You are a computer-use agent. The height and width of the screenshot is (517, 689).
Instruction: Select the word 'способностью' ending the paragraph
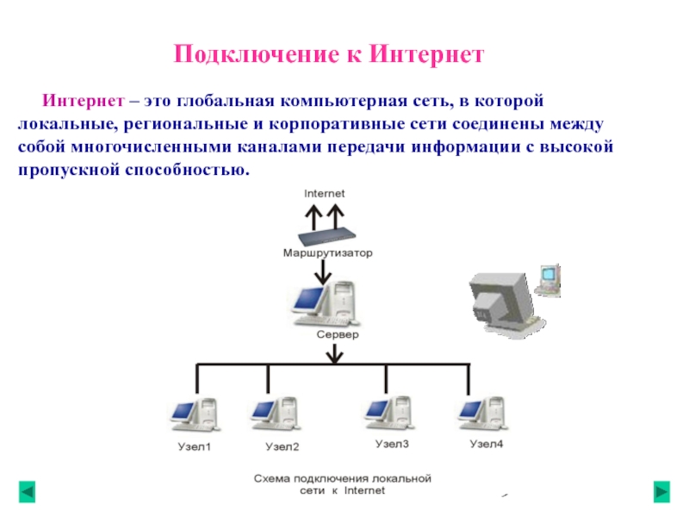click(x=189, y=170)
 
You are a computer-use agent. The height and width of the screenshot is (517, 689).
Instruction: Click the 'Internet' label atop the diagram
click(x=324, y=194)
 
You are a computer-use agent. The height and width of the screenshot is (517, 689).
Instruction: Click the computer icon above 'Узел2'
click(x=274, y=415)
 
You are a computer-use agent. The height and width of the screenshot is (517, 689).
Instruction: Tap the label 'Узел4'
click(x=486, y=445)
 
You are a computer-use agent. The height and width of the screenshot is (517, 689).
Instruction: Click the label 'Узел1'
click(x=193, y=447)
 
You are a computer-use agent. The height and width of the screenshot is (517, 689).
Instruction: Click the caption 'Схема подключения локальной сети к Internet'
click(x=341, y=484)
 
